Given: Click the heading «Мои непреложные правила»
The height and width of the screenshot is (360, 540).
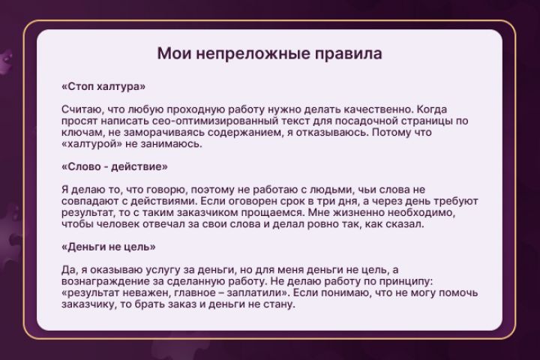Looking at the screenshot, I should click(269, 54).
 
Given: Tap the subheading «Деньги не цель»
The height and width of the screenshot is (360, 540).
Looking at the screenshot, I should click(108, 246).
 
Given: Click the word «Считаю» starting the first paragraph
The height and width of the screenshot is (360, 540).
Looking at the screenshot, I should click(79, 109).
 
